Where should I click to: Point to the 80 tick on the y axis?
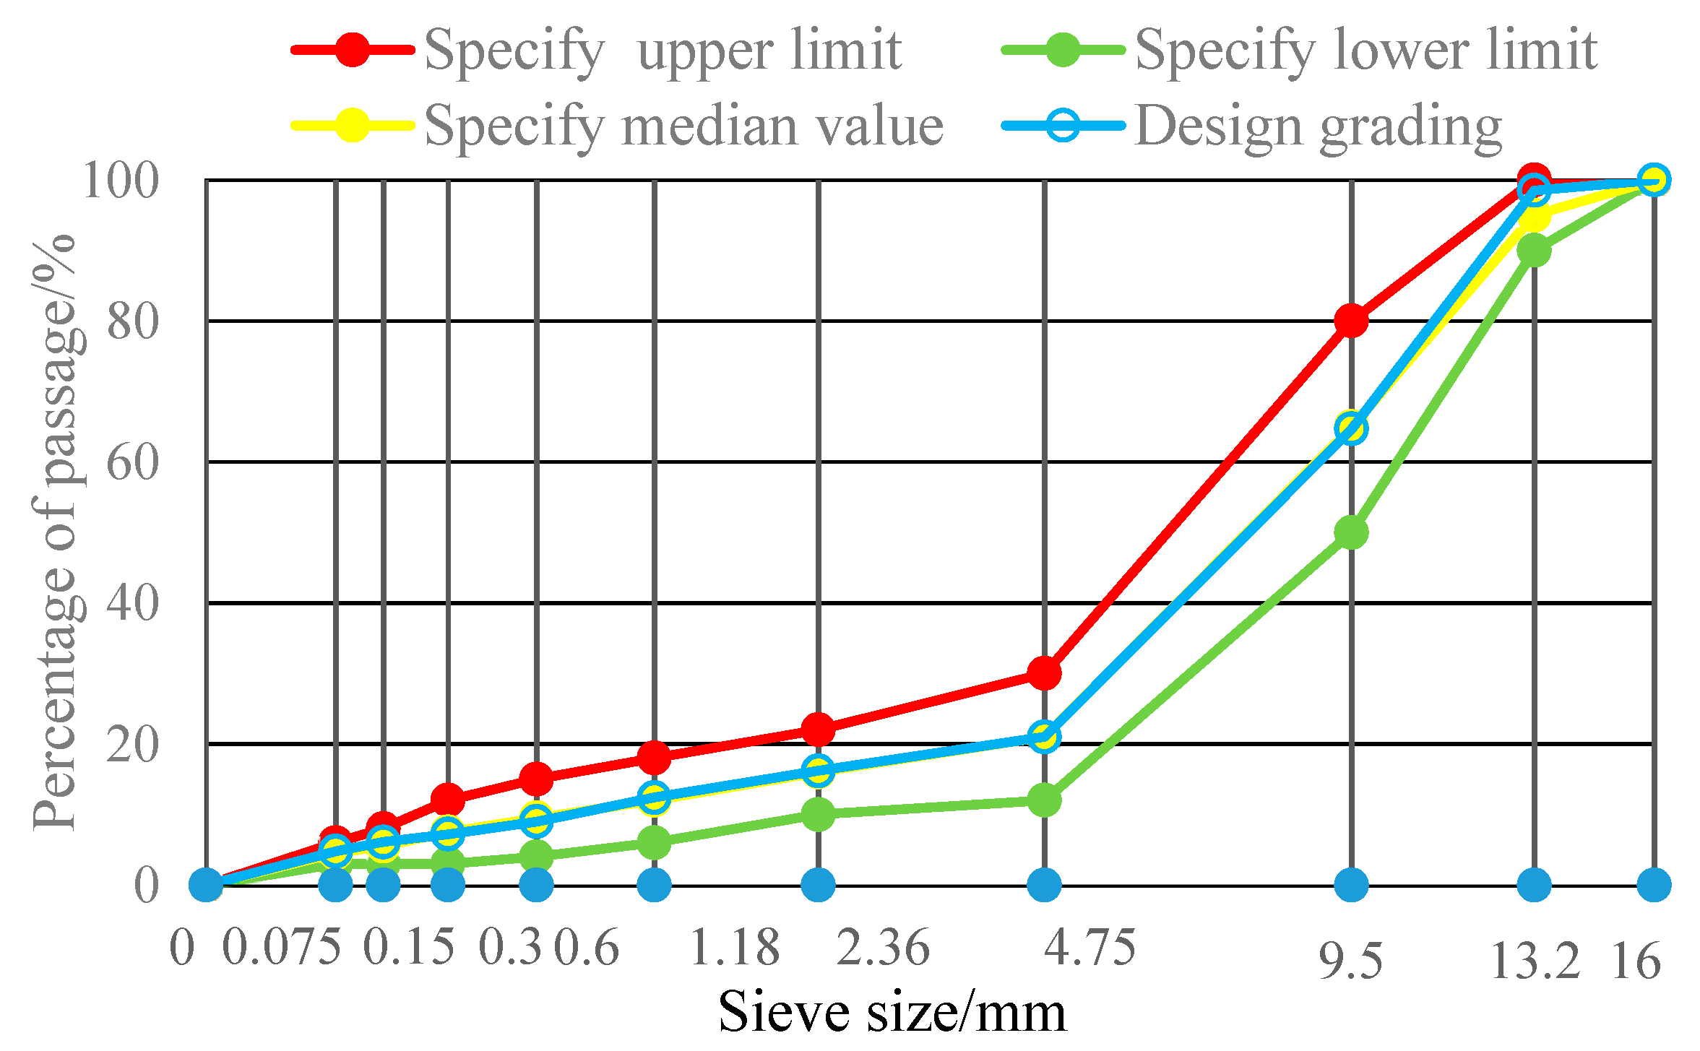click(x=132, y=321)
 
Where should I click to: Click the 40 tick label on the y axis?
click(x=132, y=603)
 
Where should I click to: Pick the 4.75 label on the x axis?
click(x=1090, y=947)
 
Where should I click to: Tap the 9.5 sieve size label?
click(x=1350, y=961)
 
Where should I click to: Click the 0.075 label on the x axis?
click(x=281, y=947)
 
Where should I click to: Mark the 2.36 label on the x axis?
click(x=883, y=947)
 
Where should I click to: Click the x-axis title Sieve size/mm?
click(x=892, y=1012)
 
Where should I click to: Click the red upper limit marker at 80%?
click(x=1351, y=320)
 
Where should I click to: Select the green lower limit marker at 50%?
click(x=1351, y=532)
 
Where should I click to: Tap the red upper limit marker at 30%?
click(x=1044, y=673)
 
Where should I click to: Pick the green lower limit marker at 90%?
click(x=1534, y=251)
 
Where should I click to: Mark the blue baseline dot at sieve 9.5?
click(x=1351, y=884)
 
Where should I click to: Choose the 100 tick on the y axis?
click(x=121, y=181)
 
